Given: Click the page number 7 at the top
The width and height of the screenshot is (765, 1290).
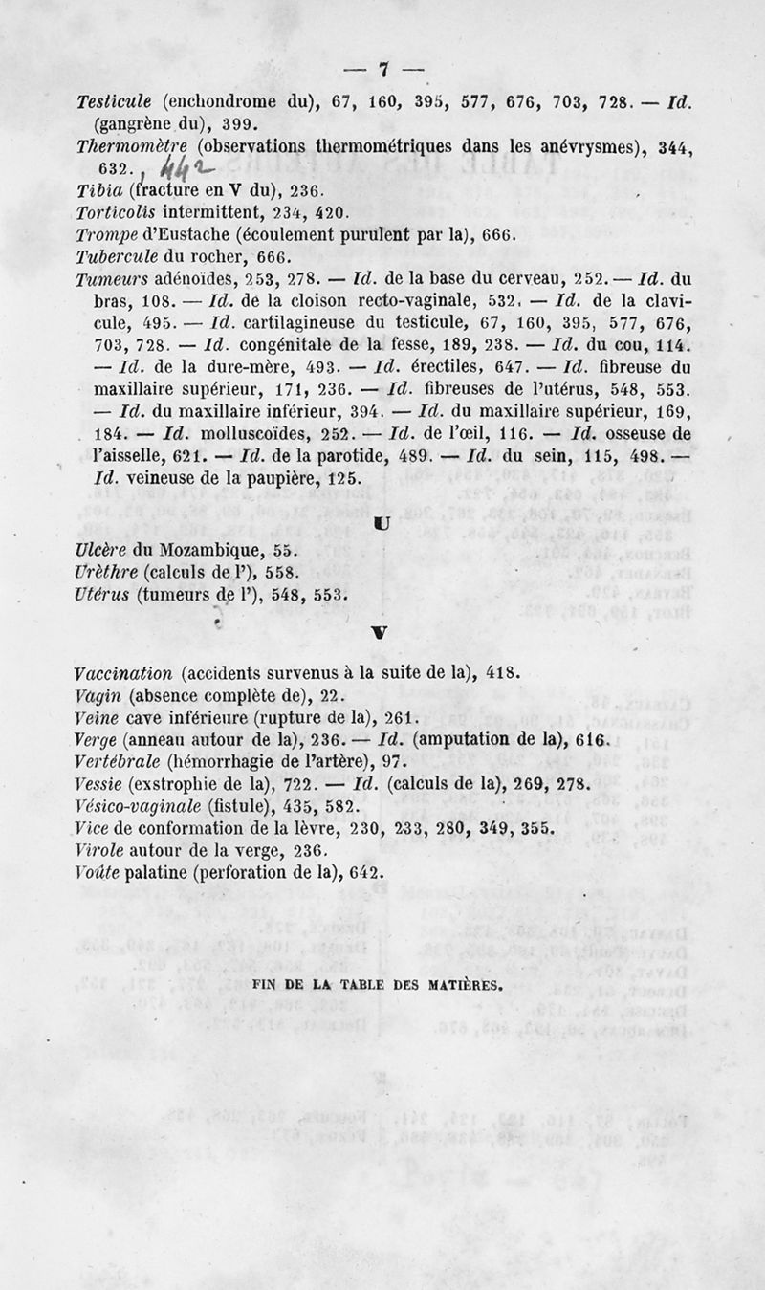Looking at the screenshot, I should click(383, 68).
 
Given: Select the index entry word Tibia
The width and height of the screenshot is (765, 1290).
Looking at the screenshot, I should click(98, 189).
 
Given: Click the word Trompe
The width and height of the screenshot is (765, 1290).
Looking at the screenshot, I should click(107, 234).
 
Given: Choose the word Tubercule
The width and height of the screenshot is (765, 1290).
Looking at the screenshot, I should click(114, 257).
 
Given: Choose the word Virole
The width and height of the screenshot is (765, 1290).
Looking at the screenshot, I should click(99, 850).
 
